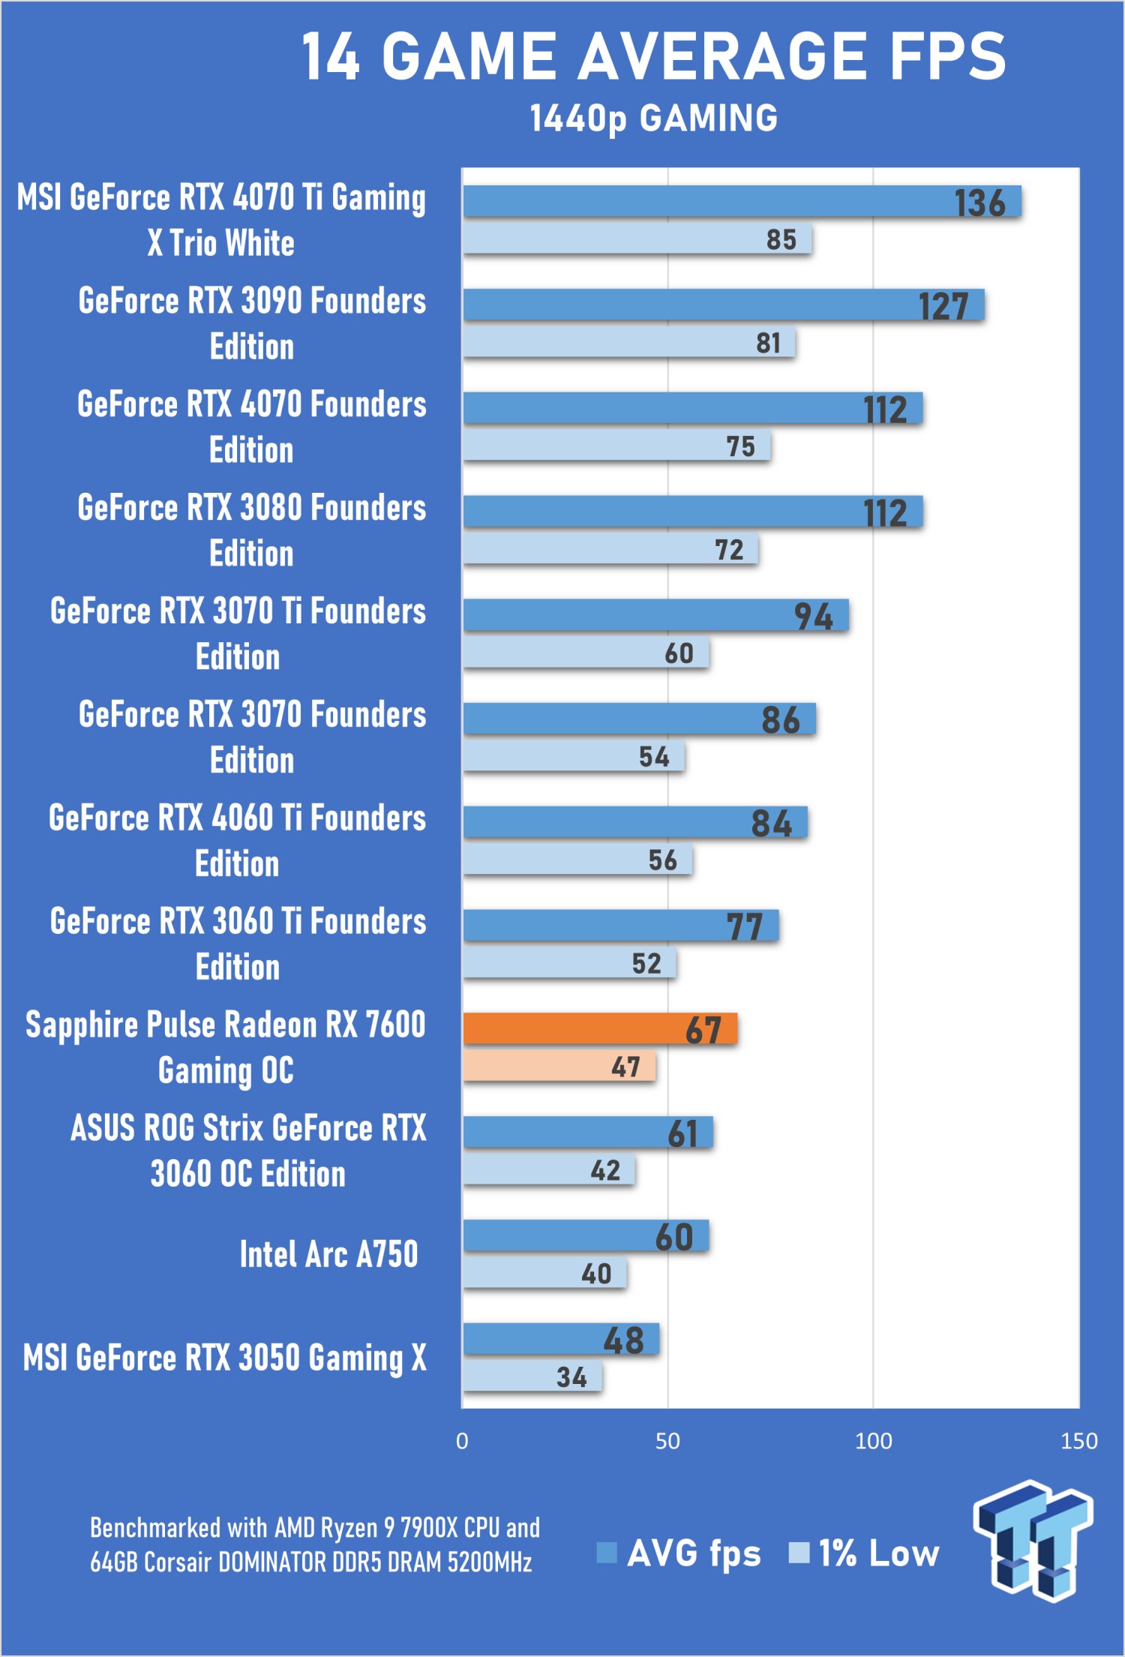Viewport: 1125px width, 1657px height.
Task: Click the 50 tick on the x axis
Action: (667, 1441)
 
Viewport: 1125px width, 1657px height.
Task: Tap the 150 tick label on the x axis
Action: (1078, 1441)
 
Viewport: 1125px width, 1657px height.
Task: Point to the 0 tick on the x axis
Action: (462, 1441)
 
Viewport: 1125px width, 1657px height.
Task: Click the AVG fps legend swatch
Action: (606, 1552)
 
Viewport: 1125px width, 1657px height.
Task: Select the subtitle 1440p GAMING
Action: (654, 119)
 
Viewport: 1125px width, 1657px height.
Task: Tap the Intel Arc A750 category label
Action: (328, 1254)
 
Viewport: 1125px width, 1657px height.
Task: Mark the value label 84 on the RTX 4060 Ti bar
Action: (772, 824)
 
